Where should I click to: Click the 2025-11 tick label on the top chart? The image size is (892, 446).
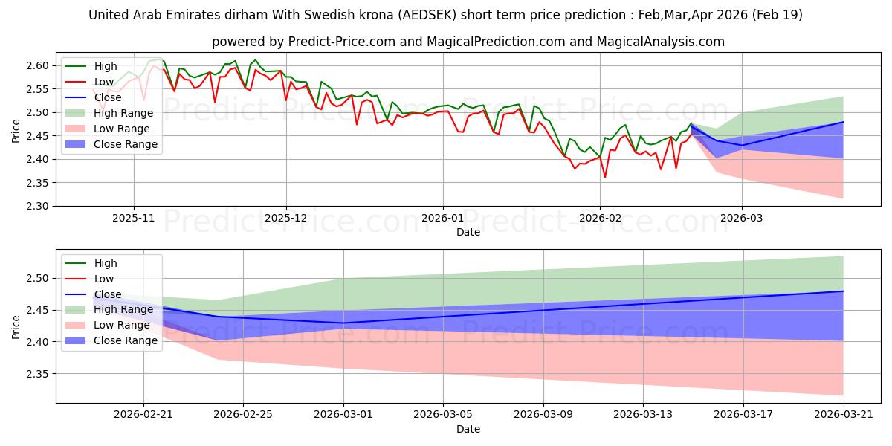(133, 219)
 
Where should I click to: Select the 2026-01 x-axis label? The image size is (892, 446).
(442, 219)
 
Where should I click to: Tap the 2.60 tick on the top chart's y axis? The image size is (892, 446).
(37, 65)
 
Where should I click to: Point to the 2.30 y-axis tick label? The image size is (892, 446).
(37, 207)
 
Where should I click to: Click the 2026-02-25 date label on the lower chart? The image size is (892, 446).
(243, 415)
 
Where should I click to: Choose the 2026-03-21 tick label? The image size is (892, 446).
(844, 415)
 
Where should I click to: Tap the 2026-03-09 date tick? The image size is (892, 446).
(543, 415)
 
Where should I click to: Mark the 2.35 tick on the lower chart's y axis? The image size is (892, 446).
(37, 374)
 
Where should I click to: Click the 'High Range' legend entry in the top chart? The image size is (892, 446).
(109, 113)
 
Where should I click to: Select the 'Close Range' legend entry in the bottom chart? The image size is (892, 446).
(111, 341)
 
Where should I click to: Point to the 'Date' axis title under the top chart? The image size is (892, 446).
(468, 232)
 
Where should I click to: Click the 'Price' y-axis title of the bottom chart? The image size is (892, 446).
(16, 327)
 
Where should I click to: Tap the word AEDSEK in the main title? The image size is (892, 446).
(427, 15)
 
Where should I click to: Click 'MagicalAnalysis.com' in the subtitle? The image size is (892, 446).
(661, 42)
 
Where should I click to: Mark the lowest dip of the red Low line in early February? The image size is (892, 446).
(605, 177)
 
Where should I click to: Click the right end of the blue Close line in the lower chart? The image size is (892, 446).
(844, 291)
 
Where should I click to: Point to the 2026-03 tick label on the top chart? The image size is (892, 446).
(742, 219)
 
